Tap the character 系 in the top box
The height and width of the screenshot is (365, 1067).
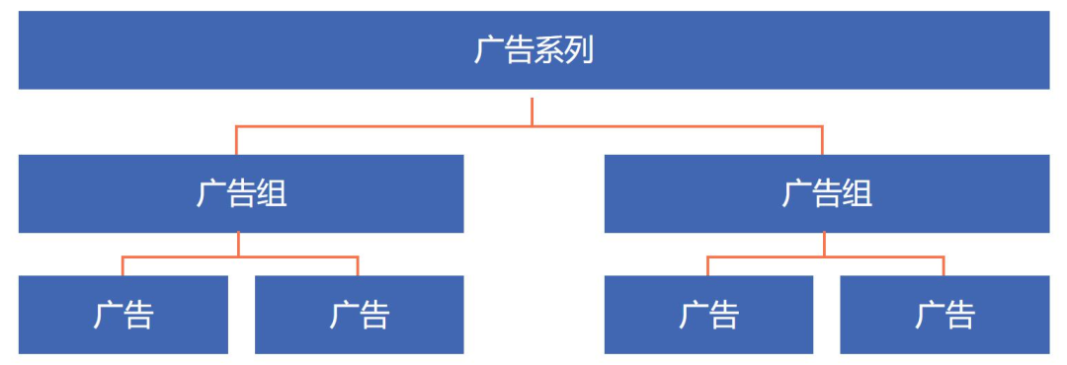(548, 50)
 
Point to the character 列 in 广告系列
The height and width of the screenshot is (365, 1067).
(579, 50)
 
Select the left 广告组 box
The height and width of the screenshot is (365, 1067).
(241, 193)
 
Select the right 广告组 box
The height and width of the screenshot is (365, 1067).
(826, 193)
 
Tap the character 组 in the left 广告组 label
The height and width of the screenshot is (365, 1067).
(272, 193)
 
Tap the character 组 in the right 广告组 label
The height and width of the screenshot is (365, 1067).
(858, 193)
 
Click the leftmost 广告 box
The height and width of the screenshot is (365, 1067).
(123, 315)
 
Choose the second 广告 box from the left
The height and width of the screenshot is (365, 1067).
(359, 315)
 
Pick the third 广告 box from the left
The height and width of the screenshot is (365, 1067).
(708, 315)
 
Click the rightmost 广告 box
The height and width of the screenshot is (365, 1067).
(944, 315)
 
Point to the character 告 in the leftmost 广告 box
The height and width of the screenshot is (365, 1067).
(139, 315)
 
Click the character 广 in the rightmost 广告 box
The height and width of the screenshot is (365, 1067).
(930, 315)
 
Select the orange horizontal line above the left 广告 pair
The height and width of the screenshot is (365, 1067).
(178, 256)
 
